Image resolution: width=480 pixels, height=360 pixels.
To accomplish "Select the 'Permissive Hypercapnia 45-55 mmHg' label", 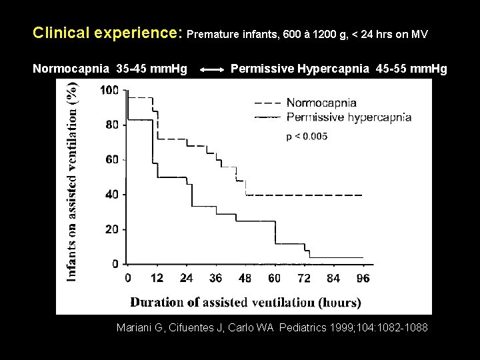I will pos(339,68).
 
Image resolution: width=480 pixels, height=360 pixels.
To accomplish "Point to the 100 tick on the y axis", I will pos(109,91).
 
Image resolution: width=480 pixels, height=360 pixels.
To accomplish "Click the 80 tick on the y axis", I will pos(112,125).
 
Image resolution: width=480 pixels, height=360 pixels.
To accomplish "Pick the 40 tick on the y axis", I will pos(112,195).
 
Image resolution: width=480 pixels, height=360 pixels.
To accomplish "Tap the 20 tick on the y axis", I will pos(112,229).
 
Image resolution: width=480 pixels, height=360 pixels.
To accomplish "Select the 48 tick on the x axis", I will pos(246,278).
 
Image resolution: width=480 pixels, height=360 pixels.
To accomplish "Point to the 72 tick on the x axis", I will pos(303,278).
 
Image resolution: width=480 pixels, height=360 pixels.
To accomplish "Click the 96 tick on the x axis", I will pos(363,278).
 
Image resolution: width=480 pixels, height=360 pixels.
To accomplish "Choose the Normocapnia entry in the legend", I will pos(321,103).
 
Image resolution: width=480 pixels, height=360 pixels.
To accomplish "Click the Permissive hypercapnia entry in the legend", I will pos(348,117).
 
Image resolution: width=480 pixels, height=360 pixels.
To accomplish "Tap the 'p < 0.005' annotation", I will pos(307,137).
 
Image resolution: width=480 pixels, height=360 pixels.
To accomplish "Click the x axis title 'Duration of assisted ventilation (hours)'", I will pos(245,302).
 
